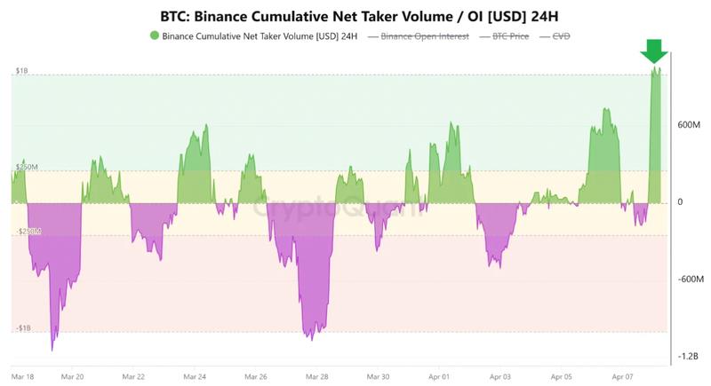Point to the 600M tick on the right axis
coord(691,125)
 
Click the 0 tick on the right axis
coord(680,202)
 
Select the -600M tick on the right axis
coord(691,279)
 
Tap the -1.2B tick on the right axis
coord(690,356)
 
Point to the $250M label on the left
coord(26,167)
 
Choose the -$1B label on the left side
coord(24,328)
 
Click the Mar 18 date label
coord(24,375)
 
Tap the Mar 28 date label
coord(316,375)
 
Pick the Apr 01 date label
coord(439,375)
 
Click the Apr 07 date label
coord(621,375)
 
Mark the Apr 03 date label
coord(499,375)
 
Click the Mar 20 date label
coord(72,375)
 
